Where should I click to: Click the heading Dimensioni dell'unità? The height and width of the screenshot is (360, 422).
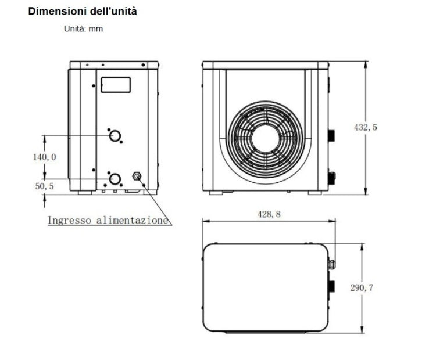coord(83,11)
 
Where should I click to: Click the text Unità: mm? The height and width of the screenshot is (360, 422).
coord(83,28)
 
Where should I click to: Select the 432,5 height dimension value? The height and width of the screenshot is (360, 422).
coord(365,127)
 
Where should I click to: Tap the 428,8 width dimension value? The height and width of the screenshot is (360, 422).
coord(269,214)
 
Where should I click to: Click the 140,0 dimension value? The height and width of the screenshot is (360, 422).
coord(44,157)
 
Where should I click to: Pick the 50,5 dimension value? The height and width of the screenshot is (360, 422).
coord(44,186)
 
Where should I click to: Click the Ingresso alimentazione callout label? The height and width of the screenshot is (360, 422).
coord(108,221)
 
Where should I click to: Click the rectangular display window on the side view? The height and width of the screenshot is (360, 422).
coord(116,85)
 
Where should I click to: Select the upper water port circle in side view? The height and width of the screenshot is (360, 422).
coord(116,136)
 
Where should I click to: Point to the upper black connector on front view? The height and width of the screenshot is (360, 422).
coord(332,136)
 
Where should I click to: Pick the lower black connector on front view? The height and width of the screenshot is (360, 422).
coord(332,175)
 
